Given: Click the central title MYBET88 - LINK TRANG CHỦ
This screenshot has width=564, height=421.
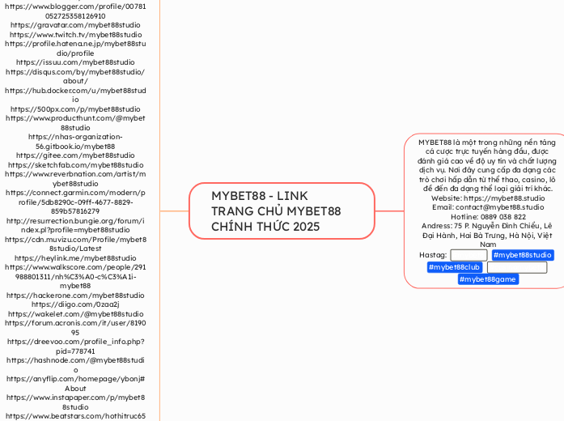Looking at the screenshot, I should coord(276,210).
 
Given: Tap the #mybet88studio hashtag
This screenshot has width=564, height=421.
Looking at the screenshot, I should coord(522,255).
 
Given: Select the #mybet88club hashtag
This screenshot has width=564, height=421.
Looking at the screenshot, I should coord(454,267).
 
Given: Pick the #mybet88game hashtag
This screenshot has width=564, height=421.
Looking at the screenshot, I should coord(487,279).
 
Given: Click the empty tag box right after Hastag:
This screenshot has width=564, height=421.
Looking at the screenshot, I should coord(469,255).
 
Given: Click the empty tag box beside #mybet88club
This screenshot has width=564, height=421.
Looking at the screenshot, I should coord(516,267).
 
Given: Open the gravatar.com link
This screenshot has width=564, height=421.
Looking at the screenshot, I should coord(75,25).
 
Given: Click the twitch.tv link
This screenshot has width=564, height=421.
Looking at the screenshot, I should coord(75,35).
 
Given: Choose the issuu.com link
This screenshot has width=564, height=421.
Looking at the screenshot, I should coord(75,62).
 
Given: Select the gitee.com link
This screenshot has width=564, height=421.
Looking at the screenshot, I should coord(75,155).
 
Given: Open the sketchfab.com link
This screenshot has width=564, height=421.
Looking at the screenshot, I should coord(75,164).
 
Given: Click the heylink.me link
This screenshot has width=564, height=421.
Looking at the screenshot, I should coord(75,257).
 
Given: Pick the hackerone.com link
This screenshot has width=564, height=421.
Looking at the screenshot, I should coord(75,296).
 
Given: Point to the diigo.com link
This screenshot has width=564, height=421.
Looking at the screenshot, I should coord(75,304).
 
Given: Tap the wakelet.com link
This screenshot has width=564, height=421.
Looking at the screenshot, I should coord(75,314).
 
